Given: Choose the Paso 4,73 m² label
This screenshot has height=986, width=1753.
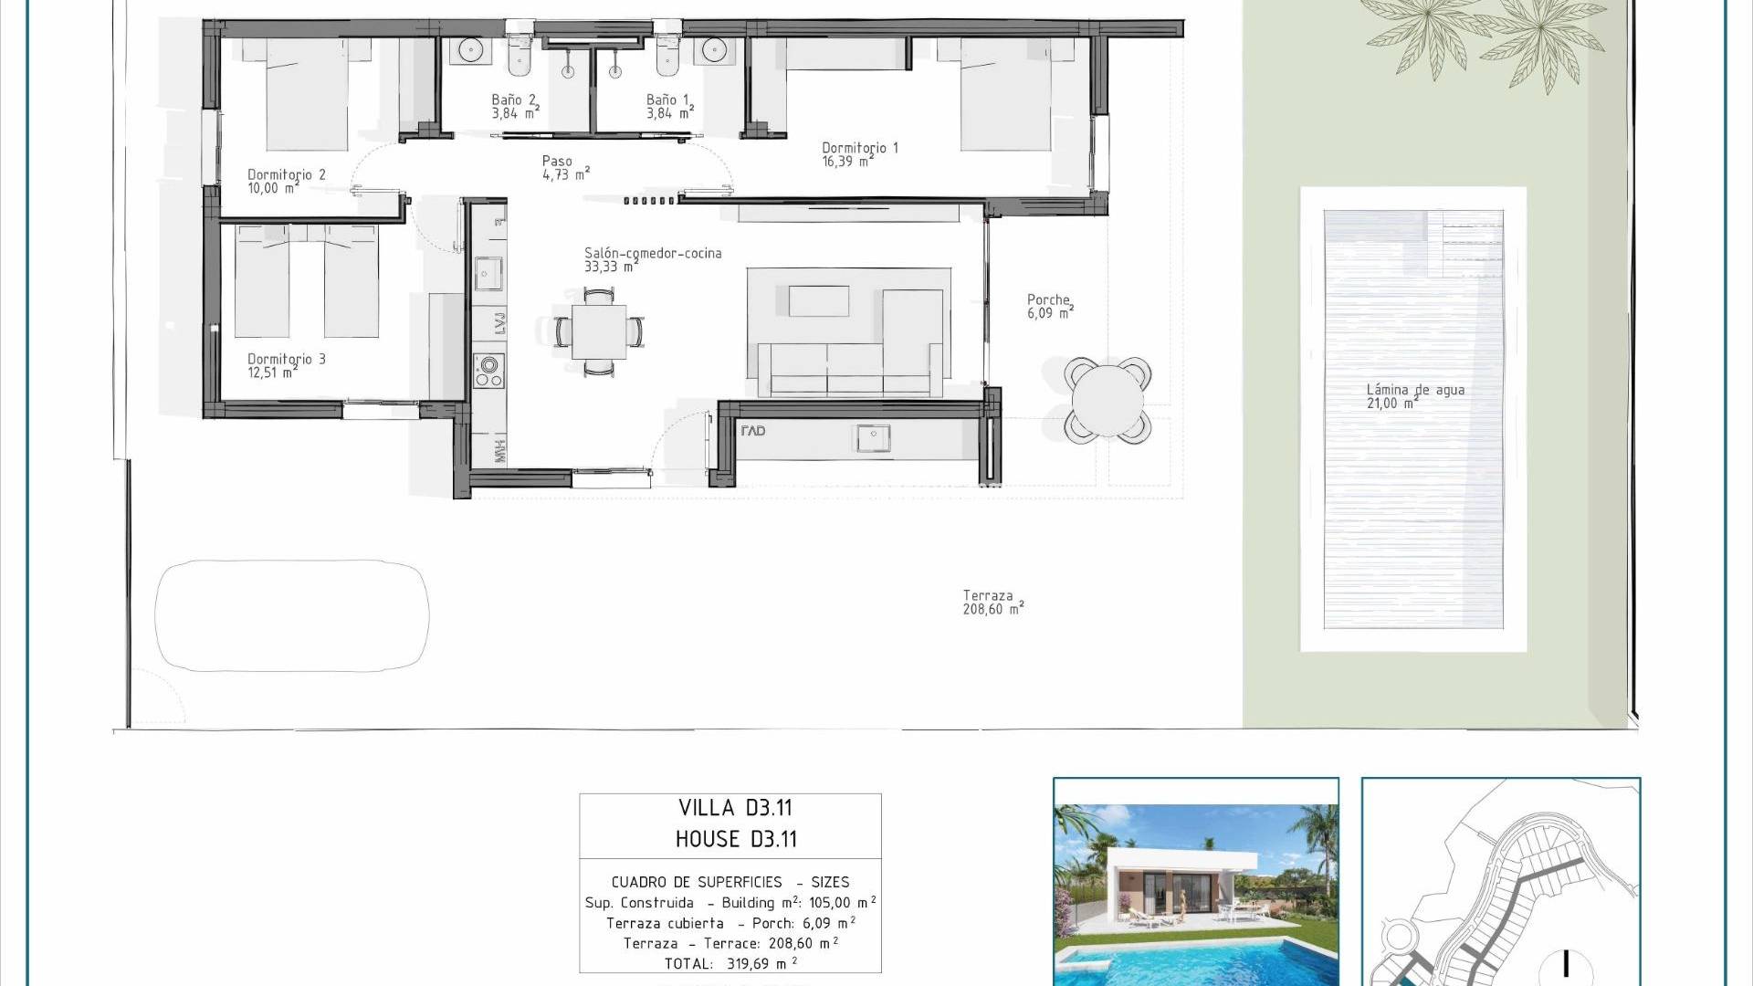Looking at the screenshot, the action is point(566,168).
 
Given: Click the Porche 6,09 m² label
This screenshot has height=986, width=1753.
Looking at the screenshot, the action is point(1050,306).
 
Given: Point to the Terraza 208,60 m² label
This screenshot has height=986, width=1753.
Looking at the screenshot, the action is point(993,603).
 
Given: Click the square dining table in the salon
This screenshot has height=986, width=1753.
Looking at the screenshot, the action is point(599,331).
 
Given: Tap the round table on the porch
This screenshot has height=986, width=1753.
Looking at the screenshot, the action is point(1107,400).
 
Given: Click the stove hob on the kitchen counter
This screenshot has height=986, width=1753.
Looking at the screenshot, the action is point(488,371).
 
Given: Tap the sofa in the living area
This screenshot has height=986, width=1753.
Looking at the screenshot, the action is point(845,369).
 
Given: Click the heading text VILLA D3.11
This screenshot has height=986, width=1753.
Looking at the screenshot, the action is point(735,808).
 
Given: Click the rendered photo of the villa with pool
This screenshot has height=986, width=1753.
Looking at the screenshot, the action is point(1196,882).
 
